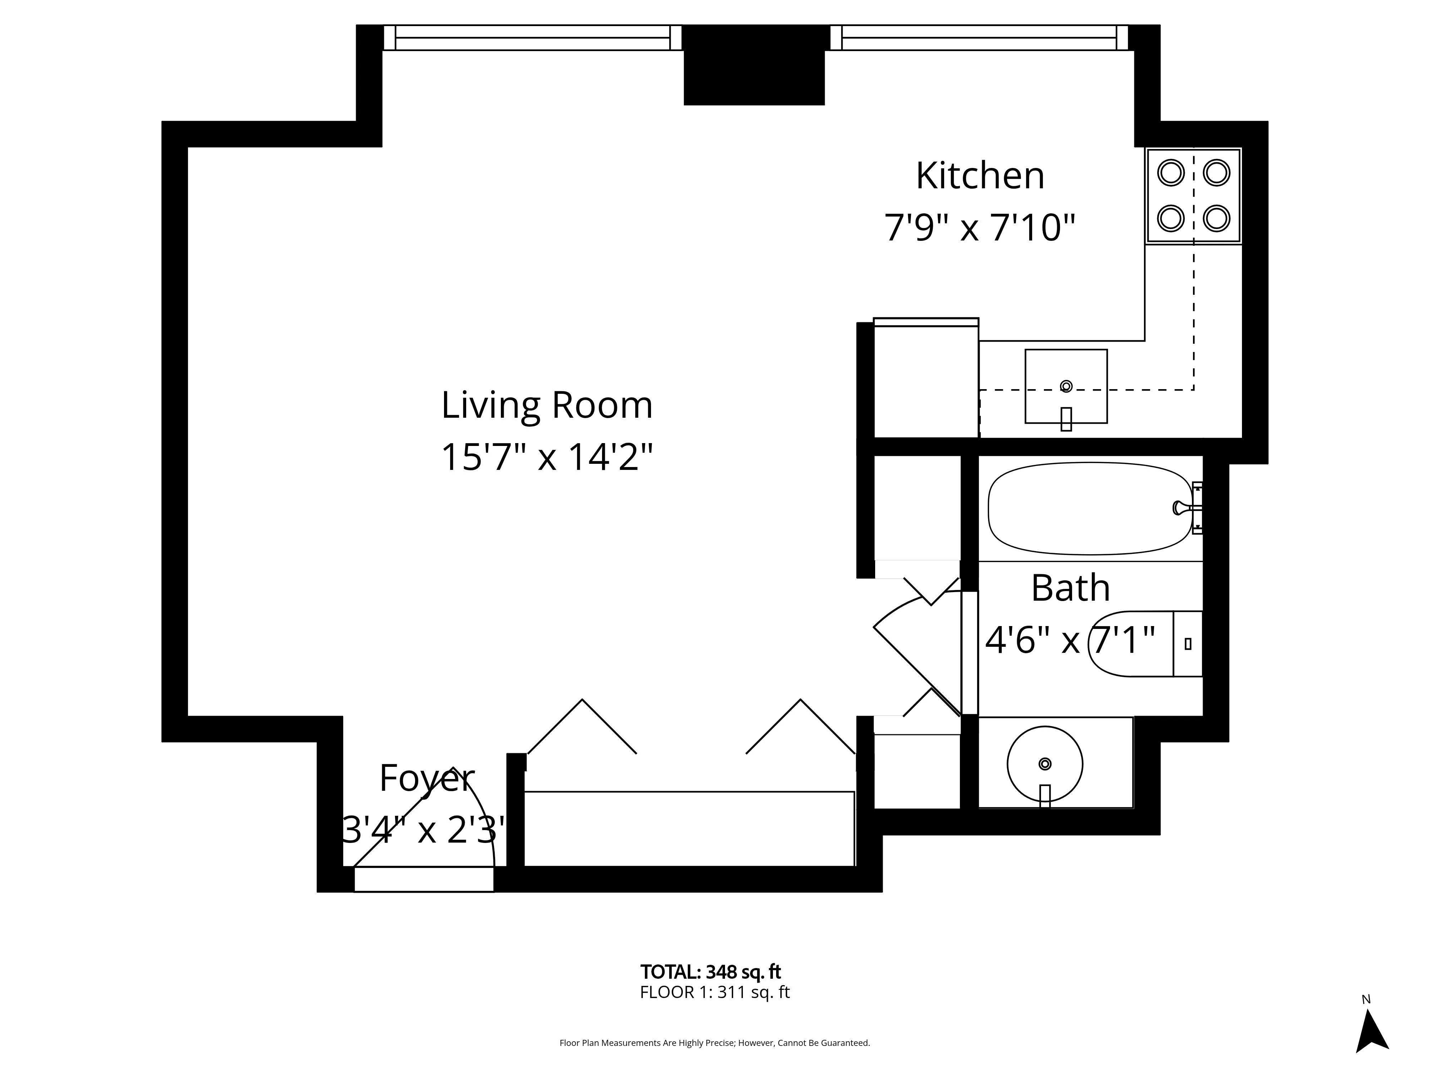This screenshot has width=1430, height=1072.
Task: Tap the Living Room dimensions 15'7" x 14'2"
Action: click(x=547, y=457)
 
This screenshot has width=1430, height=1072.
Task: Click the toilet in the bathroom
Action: click(x=1144, y=644)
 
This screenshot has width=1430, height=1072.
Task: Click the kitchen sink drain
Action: click(x=1066, y=386)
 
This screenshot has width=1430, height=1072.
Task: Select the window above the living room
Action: click(x=533, y=38)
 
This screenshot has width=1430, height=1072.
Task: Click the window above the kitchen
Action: click(x=979, y=38)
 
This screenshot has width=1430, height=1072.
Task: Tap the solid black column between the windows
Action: click(x=754, y=65)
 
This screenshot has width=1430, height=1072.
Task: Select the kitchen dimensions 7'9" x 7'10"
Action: click(x=980, y=228)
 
